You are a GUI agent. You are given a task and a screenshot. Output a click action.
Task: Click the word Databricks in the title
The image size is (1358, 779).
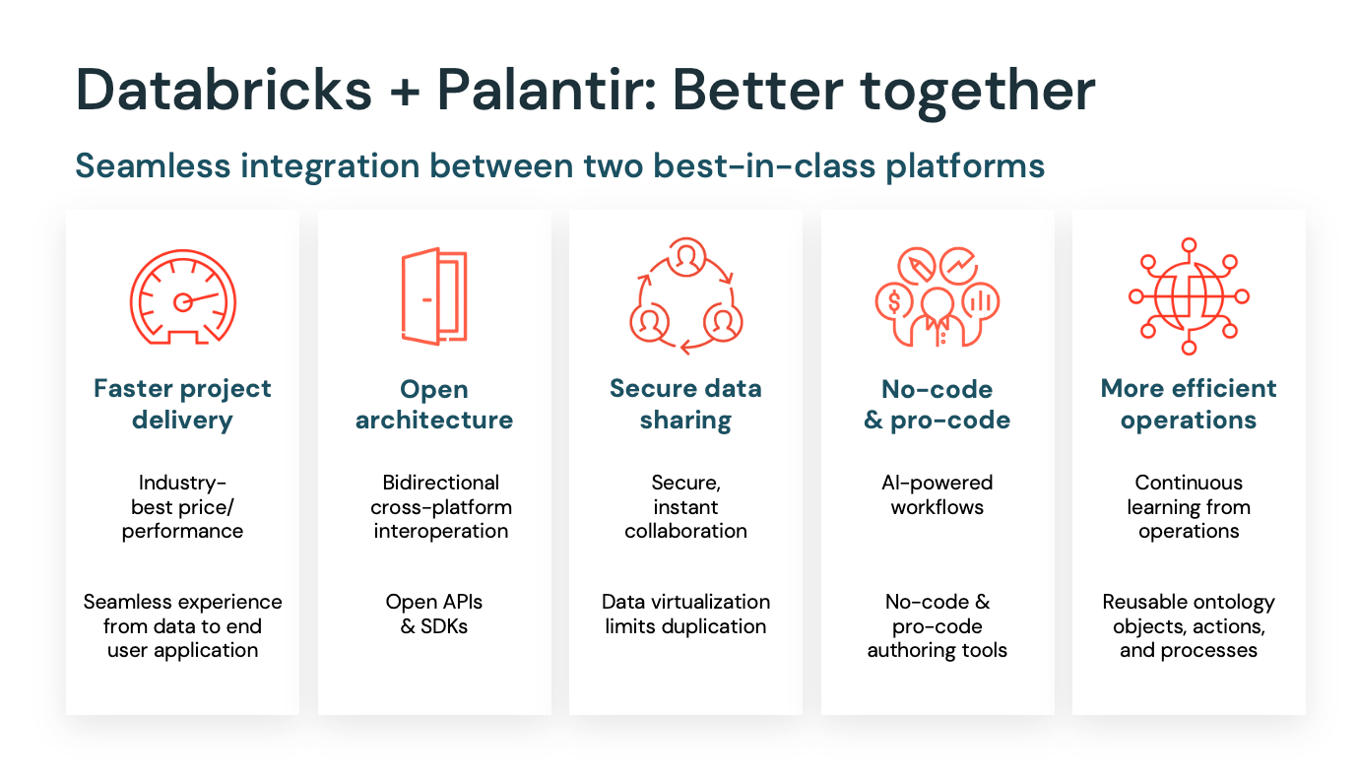[x=225, y=90]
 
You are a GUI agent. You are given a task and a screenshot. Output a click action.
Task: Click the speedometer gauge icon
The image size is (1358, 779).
[x=182, y=297]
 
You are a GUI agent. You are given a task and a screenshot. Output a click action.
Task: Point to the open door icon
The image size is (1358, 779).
[x=433, y=297]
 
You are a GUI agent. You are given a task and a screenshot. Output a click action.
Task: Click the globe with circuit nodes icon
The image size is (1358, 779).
[x=1189, y=295]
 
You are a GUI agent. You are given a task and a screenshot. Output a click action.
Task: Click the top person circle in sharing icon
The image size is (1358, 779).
[x=686, y=258]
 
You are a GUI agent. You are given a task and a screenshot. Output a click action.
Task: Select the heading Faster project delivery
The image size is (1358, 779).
[x=182, y=404]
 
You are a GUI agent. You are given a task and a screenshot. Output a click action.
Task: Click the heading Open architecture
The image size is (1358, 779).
[x=434, y=404]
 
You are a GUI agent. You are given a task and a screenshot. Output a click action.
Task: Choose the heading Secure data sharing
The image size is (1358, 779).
[x=685, y=404]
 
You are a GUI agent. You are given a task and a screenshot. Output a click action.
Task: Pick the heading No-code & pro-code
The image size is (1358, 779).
[x=937, y=404]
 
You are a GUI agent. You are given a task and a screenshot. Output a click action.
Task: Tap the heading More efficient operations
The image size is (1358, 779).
[x=1189, y=404]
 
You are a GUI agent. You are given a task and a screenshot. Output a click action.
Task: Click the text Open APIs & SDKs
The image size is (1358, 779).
[x=434, y=614]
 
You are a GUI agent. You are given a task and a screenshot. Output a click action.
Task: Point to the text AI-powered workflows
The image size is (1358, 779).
[x=937, y=495]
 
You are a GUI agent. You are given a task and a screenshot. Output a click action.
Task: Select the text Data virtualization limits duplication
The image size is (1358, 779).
[x=685, y=614]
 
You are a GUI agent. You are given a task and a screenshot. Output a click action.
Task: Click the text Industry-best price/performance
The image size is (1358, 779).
[x=182, y=507]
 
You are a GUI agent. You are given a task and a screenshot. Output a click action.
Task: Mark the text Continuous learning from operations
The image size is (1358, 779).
[x=1189, y=507]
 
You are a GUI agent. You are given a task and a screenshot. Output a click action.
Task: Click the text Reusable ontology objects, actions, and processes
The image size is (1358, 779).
[x=1189, y=625]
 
